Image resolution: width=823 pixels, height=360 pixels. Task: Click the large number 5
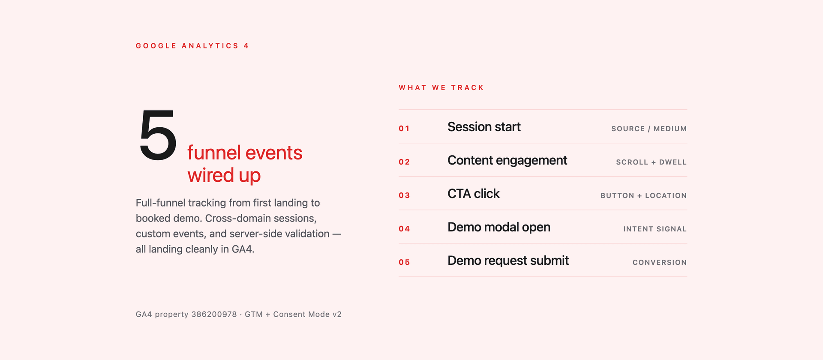(158, 135)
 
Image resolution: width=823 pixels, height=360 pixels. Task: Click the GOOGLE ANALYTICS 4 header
(192, 46)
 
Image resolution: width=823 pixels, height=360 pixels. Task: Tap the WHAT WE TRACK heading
(441, 87)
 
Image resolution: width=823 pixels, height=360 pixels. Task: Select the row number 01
(404, 129)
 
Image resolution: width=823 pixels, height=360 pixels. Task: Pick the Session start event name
(484, 127)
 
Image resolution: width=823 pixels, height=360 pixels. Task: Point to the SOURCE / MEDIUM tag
(649, 129)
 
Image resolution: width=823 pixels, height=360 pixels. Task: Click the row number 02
(404, 162)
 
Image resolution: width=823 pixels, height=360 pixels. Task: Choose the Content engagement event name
(507, 161)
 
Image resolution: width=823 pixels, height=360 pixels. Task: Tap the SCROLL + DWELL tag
(652, 162)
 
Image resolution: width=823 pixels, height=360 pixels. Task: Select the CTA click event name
(474, 194)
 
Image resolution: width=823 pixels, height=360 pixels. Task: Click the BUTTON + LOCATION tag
(644, 195)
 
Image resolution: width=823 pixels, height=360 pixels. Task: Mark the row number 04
(404, 229)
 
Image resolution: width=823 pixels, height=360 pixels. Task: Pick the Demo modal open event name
(499, 228)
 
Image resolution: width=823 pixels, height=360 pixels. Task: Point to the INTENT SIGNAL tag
(655, 229)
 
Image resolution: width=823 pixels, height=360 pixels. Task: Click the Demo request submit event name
(508, 261)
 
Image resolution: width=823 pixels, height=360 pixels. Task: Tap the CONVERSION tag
(660, 262)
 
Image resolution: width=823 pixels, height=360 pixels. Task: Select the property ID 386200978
(214, 314)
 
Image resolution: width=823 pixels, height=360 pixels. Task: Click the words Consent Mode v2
(307, 314)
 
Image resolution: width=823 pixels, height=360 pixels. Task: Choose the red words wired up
(224, 176)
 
